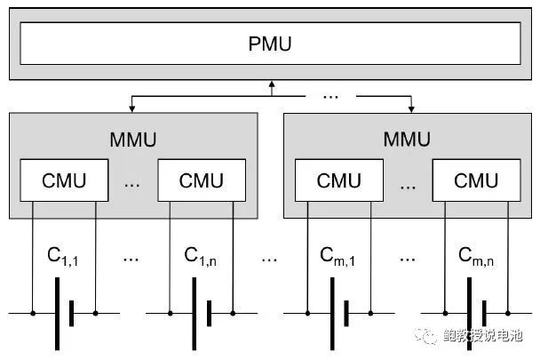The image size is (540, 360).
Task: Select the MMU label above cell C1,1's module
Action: (x=133, y=140)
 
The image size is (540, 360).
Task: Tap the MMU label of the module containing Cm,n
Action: (x=406, y=140)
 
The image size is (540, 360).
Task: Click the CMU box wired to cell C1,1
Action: (x=65, y=180)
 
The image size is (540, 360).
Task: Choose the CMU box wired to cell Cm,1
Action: (x=338, y=180)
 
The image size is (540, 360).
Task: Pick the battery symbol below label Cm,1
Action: (x=337, y=313)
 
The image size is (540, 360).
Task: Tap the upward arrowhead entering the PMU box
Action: (x=272, y=84)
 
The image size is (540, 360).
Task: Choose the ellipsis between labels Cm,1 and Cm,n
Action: (x=407, y=258)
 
